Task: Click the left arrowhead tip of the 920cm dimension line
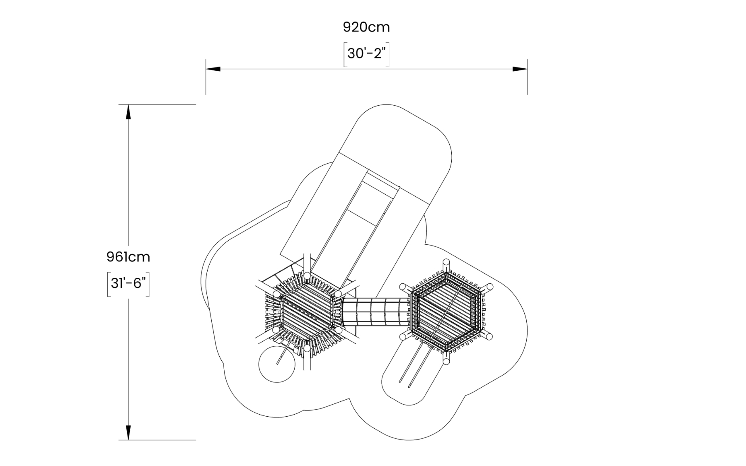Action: click(x=206, y=69)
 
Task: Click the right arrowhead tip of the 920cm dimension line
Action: click(x=527, y=69)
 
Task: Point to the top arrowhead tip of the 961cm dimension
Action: click(x=128, y=105)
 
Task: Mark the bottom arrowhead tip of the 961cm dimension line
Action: click(x=128, y=439)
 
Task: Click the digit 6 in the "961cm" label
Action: click(x=119, y=257)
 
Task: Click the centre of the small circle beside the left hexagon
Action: click(x=276, y=364)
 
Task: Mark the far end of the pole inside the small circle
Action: click(x=277, y=364)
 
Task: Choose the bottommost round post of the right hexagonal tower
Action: click(x=446, y=361)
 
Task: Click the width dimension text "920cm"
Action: click(x=366, y=27)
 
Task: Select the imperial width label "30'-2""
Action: click(x=366, y=53)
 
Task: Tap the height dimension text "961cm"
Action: click(x=128, y=257)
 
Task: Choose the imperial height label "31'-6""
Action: click(x=128, y=284)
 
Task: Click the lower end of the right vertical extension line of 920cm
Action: click(x=527, y=94)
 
